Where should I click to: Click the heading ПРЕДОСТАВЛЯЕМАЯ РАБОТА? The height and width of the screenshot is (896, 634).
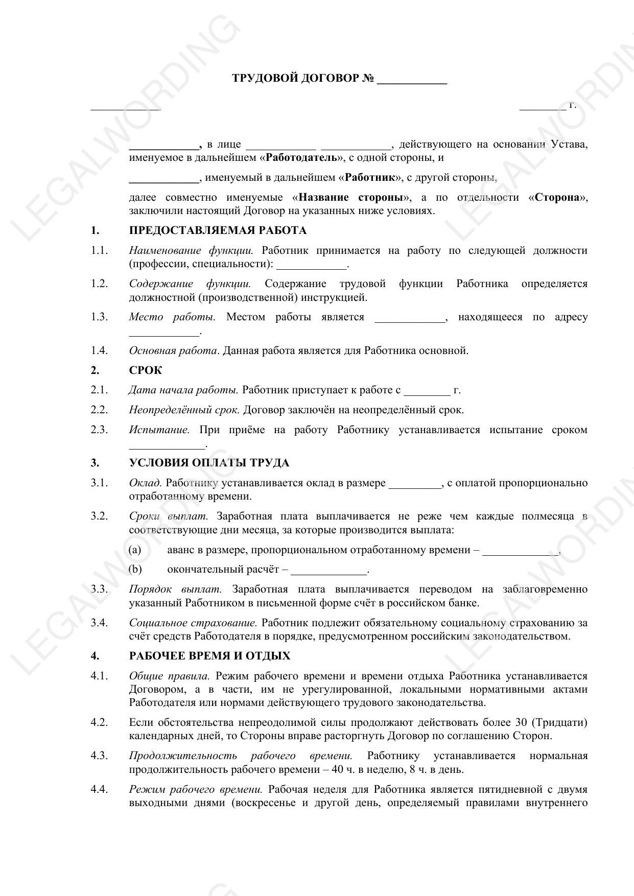pyautogui.click(x=218, y=230)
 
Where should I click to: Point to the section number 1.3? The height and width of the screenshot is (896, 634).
pyautogui.click(x=99, y=317)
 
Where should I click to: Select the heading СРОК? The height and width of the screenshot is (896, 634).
pyautogui.click(x=145, y=370)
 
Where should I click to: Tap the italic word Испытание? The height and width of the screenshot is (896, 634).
pyautogui.click(x=159, y=430)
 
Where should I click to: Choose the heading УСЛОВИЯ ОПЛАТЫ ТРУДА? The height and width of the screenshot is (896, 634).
pyautogui.click(x=209, y=463)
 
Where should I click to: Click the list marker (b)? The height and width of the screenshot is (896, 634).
pyautogui.click(x=135, y=569)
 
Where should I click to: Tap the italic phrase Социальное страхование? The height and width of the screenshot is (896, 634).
pyautogui.click(x=193, y=623)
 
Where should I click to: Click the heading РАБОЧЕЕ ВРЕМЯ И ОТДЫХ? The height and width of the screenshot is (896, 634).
pyautogui.click(x=209, y=656)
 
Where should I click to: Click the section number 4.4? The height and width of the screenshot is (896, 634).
pyautogui.click(x=99, y=789)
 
